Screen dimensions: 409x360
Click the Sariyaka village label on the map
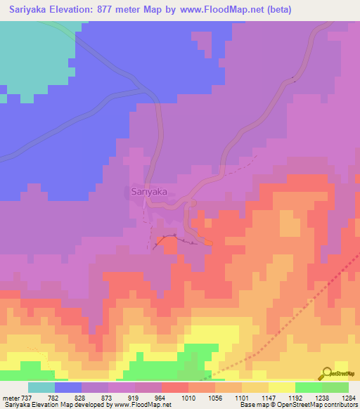[148, 191]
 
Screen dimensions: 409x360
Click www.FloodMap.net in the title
[228, 10]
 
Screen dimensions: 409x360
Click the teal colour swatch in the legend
[41, 388]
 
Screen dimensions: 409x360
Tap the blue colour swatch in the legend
[68, 388]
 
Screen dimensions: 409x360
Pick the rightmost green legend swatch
[335, 388]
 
